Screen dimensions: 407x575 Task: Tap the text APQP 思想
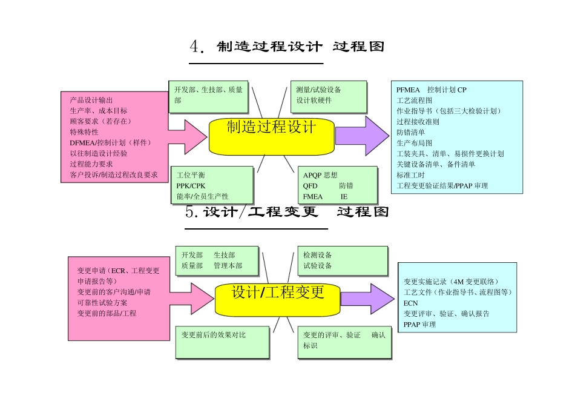(x=320, y=175)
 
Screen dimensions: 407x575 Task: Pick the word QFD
(x=310, y=186)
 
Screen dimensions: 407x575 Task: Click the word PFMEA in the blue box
(x=408, y=90)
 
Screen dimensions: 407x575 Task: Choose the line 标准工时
(x=411, y=175)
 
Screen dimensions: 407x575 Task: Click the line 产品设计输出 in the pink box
(x=91, y=100)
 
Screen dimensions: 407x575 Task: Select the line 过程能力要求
(x=91, y=164)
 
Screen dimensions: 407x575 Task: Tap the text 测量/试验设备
(x=318, y=90)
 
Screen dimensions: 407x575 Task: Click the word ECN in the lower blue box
(x=410, y=303)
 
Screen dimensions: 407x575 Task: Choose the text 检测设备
(x=318, y=255)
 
